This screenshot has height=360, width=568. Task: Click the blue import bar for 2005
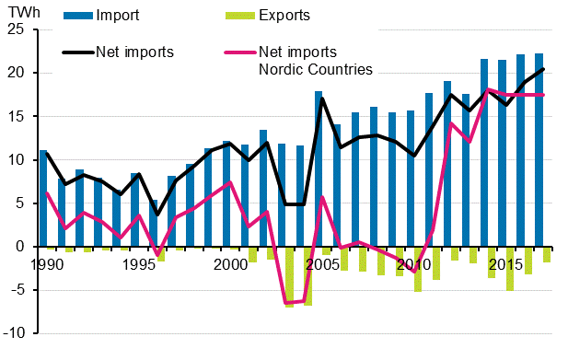coord(319,168)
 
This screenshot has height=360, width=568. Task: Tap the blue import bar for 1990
coord(43,198)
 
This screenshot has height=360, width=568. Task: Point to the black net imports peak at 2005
coord(322,99)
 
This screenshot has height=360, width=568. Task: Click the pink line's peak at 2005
coord(322,197)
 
